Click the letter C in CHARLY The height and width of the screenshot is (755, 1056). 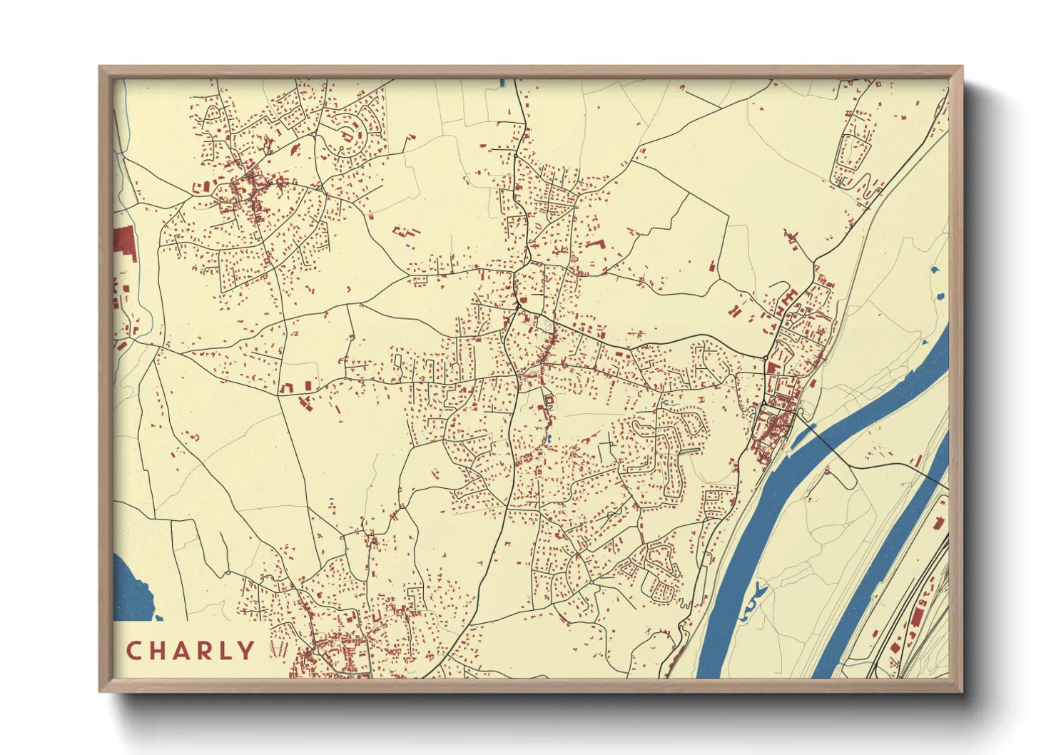tap(133, 651)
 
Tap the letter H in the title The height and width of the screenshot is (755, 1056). tap(158, 651)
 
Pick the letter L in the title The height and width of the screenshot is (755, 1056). tap(228, 651)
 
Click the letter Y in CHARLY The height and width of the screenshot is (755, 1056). tap(247, 651)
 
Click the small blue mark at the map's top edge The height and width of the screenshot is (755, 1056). tap(502, 83)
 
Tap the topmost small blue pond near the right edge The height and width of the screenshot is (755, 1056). tap(934, 271)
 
